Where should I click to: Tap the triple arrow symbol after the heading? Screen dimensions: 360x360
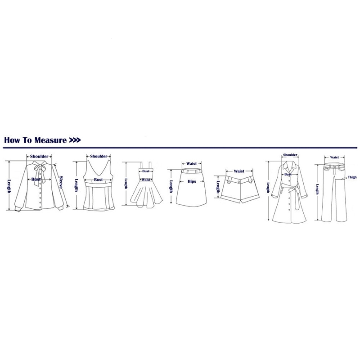pos(75,140)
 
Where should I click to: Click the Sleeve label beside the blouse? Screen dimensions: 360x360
pos(61,182)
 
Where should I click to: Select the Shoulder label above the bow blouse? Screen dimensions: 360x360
pos(39,156)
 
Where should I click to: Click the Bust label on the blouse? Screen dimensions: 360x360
pos(36,179)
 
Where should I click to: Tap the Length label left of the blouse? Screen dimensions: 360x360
pos(9,186)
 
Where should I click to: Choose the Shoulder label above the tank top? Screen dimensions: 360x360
pos(99,156)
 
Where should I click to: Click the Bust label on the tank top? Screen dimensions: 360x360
pos(98,180)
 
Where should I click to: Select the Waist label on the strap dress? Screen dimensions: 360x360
pos(146,180)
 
